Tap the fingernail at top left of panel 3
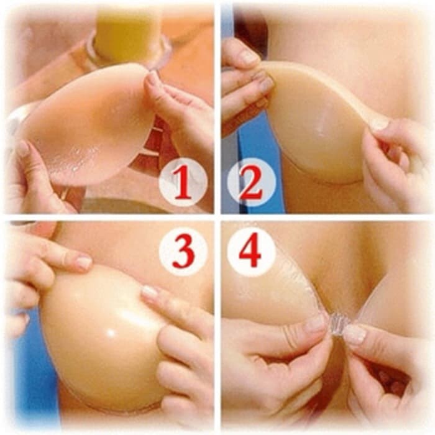(x=84, y=262)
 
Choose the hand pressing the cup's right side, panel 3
(x=180, y=348)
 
